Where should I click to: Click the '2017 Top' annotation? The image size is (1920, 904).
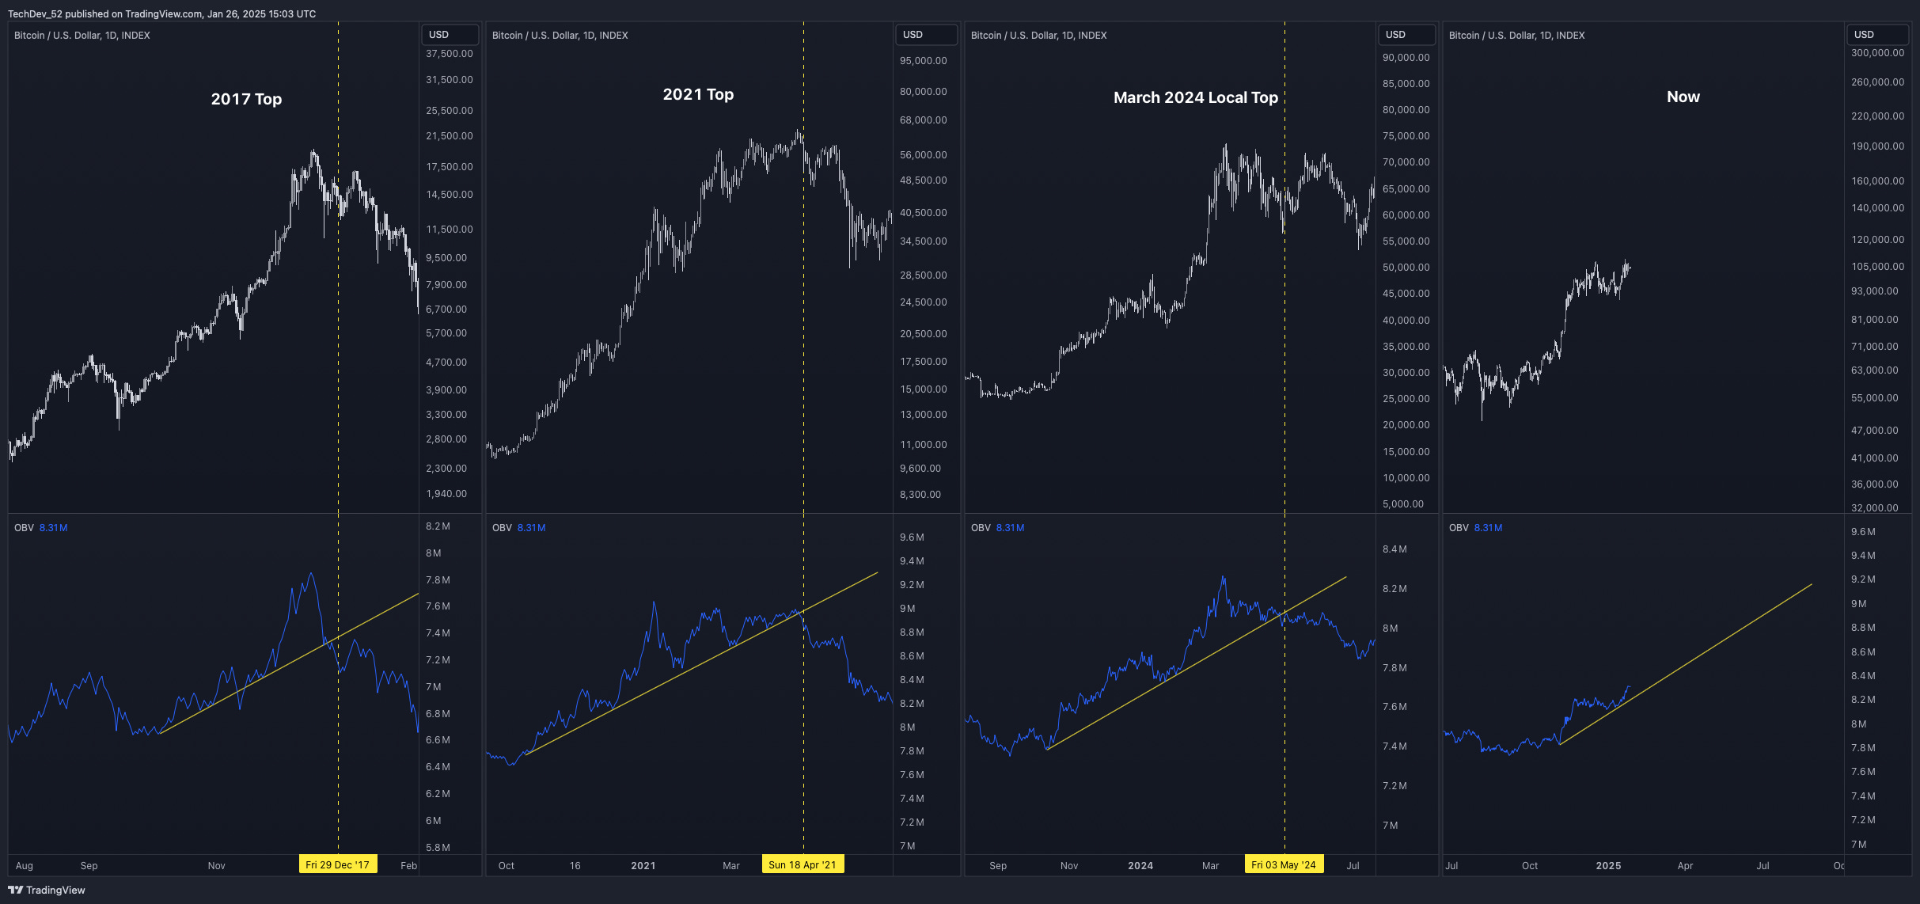pos(246,99)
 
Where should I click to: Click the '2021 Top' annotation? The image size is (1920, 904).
pos(698,94)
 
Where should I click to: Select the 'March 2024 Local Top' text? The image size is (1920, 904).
pos(1195,97)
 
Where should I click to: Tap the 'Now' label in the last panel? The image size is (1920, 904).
pos(1683,97)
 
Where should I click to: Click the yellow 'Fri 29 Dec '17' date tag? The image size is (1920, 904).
pos(337,864)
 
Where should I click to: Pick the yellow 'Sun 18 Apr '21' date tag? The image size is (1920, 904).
pos(802,864)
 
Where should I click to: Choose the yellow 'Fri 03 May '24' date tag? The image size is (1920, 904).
pos(1283,864)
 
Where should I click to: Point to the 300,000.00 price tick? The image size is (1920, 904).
pos(1877,53)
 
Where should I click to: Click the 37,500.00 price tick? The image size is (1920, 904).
pos(449,54)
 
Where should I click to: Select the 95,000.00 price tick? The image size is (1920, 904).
pos(923,61)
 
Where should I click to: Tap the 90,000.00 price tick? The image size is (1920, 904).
pos(1406,58)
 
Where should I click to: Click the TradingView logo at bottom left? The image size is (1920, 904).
pos(47,890)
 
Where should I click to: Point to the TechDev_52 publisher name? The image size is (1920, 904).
pos(35,13)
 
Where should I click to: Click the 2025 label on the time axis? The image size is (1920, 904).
pos(1608,865)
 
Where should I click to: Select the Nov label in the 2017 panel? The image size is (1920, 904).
pos(216,865)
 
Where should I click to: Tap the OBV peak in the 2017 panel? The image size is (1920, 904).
pos(311,573)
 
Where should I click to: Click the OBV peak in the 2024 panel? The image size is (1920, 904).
pos(1224,577)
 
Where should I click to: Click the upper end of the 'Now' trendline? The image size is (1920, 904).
pos(1812,585)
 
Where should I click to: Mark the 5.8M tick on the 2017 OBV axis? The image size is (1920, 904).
pos(438,847)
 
